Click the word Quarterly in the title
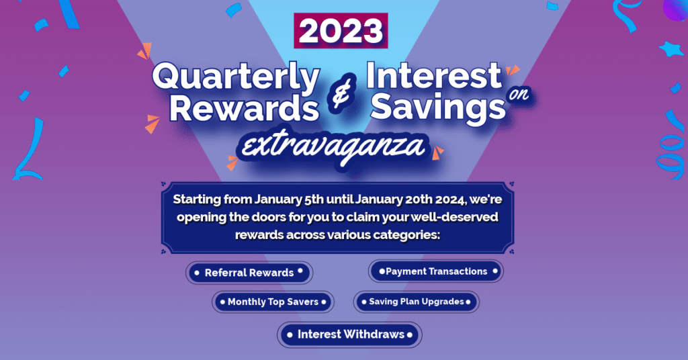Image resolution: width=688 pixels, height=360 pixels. pyautogui.click(x=236, y=79)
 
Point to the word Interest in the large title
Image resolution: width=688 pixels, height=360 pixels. pyautogui.click(x=434, y=77)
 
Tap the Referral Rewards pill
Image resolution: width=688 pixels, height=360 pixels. pyautogui.click(x=249, y=273)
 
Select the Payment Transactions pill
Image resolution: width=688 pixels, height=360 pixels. pyautogui.click(x=436, y=271)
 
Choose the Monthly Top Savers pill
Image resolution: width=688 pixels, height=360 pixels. pyautogui.click(x=273, y=302)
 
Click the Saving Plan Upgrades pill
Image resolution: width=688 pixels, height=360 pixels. pyautogui.click(x=416, y=302)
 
